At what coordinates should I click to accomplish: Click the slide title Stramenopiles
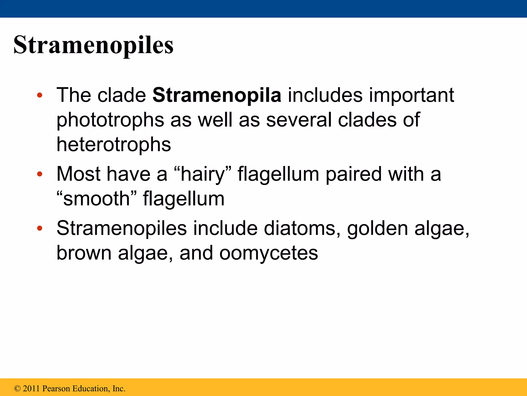click(93, 45)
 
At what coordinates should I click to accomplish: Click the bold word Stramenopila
click(217, 95)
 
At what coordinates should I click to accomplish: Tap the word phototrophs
click(110, 120)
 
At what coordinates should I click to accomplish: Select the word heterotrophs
click(113, 144)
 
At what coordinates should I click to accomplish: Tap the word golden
click(377, 228)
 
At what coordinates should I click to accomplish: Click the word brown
click(84, 253)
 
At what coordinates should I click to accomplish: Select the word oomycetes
click(269, 253)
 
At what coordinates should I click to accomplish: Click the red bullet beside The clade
click(39, 95)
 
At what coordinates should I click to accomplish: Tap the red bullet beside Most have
click(39, 174)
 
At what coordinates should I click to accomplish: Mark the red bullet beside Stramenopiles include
click(39, 228)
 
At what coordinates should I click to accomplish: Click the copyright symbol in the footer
click(17, 388)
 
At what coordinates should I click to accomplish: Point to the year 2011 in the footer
click(31, 388)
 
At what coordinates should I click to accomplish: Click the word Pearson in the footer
click(56, 388)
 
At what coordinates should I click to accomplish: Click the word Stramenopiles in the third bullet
click(121, 228)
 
